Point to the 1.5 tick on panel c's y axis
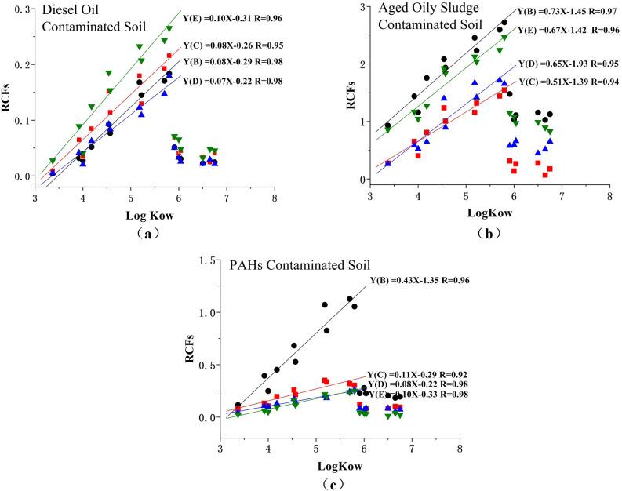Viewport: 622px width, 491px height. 209,260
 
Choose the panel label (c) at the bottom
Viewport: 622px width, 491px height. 336,484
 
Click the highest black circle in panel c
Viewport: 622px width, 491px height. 349,298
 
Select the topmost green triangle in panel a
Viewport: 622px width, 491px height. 169,29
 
